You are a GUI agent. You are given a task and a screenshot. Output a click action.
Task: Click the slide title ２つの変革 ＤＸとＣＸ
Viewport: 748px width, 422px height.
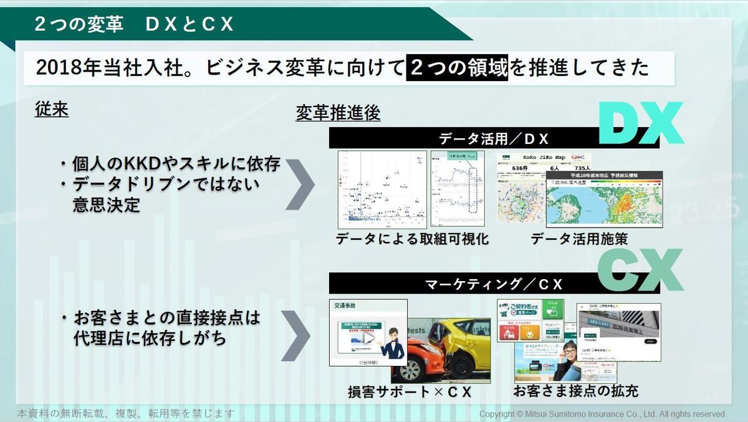pyautogui.click(x=134, y=24)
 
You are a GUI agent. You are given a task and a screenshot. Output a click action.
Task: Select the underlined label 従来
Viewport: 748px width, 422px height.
pyautogui.click(x=51, y=110)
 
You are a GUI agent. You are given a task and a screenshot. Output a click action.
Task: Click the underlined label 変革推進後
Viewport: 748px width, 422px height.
pyautogui.click(x=338, y=114)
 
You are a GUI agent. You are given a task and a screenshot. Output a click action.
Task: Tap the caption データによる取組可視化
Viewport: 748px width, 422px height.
pyautogui.click(x=412, y=239)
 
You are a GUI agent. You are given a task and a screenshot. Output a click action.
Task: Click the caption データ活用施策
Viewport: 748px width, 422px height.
pyautogui.click(x=579, y=239)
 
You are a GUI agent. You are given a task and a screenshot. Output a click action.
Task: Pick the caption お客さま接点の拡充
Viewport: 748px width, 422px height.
pyautogui.click(x=575, y=391)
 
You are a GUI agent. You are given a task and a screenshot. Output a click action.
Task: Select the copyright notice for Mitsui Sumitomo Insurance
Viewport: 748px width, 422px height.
pyautogui.click(x=602, y=414)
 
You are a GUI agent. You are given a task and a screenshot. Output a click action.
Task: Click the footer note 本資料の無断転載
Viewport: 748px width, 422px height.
pyautogui.click(x=125, y=413)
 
